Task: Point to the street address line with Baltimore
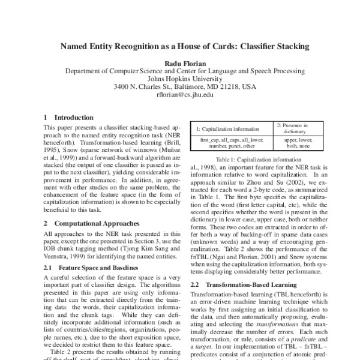point(180,86)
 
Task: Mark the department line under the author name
point(180,70)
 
